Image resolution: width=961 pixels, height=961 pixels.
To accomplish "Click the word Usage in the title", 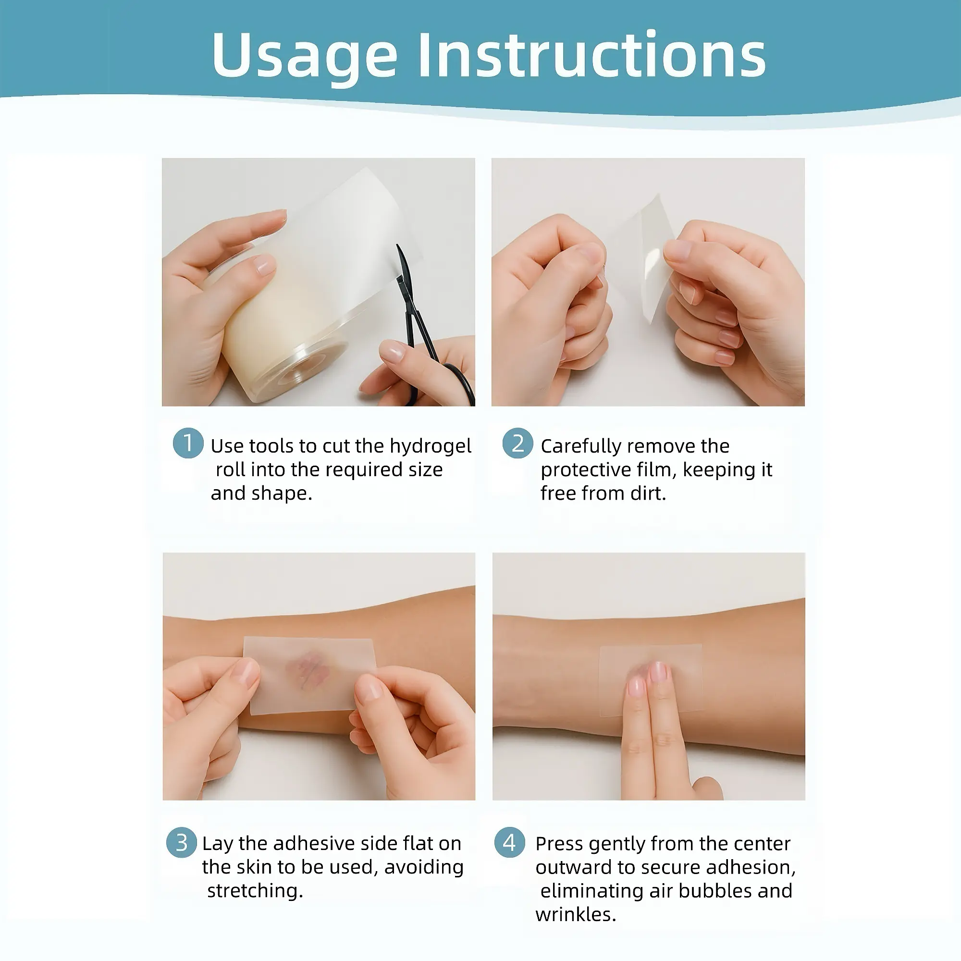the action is coord(305,56).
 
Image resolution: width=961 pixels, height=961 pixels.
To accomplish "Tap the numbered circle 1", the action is coord(188,443).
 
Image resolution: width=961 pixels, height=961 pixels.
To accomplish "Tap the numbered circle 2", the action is coord(518,443).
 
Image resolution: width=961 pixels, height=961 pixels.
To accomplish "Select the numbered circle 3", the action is coord(182,842).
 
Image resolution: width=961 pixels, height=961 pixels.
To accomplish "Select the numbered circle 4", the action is coord(510,842).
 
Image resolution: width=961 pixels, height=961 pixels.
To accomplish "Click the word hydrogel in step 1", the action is coord(430,447).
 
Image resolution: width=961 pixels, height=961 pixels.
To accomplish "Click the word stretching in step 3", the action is coord(255,891).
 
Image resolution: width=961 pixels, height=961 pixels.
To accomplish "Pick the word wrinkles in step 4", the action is coord(576,914).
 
